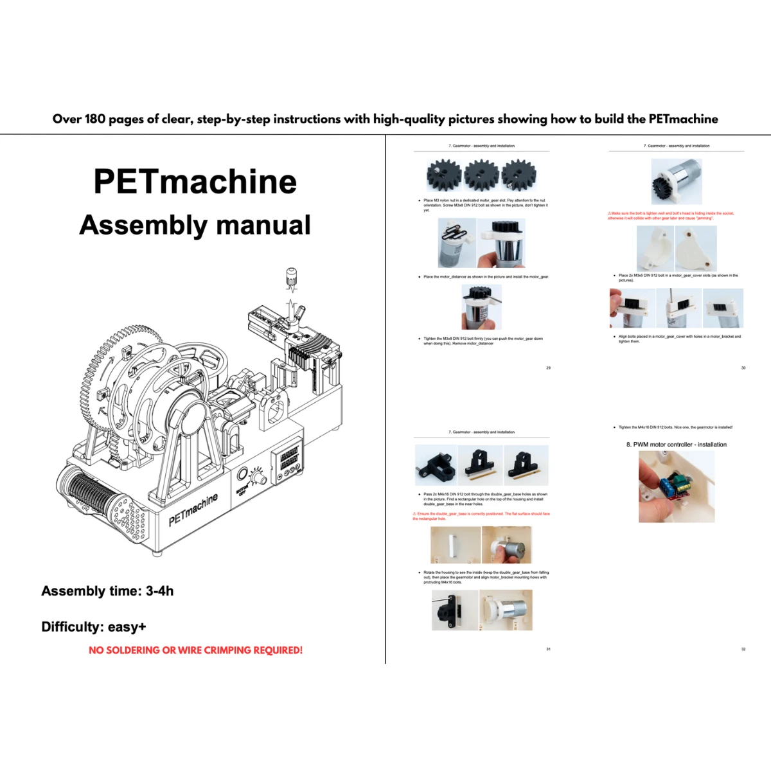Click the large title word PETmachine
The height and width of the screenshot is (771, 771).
(195, 181)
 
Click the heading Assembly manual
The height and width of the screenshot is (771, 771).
(195, 225)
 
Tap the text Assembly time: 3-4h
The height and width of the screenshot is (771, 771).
(107, 591)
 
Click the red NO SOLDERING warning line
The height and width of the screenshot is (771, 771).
(195, 650)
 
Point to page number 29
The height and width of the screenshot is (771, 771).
(548, 368)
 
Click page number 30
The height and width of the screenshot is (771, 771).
(743, 368)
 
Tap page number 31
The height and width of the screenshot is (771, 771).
(548, 649)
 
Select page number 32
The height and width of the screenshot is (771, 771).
(743, 649)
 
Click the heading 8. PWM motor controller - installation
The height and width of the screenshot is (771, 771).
(677, 445)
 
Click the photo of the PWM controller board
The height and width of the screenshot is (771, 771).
(676, 486)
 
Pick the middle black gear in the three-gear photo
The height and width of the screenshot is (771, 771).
(481, 174)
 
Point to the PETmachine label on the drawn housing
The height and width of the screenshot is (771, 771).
(193, 509)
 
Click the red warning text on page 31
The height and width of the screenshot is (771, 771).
(481, 516)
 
